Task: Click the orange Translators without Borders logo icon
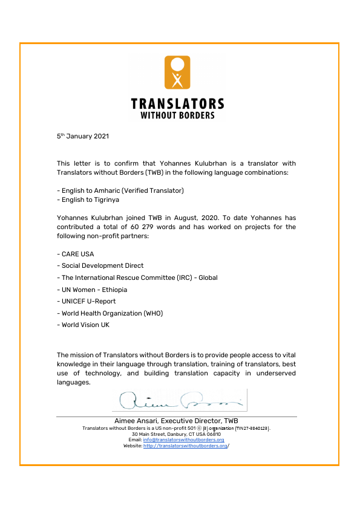(x=177, y=72)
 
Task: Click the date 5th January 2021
(x=83, y=137)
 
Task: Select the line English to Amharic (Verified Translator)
(x=120, y=190)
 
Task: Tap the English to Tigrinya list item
(x=88, y=199)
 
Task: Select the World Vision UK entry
(x=84, y=325)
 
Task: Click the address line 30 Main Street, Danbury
(x=176, y=434)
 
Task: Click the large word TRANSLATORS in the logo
(x=177, y=104)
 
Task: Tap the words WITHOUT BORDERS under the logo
(x=177, y=115)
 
